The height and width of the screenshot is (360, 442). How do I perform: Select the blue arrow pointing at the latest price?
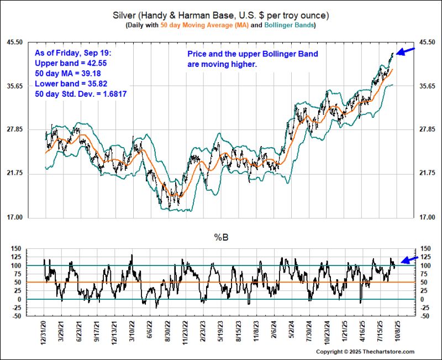pos(406,51)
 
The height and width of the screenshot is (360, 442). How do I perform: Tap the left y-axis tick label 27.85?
pos(30,129)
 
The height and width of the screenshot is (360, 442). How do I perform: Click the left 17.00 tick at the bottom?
pos(30,217)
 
